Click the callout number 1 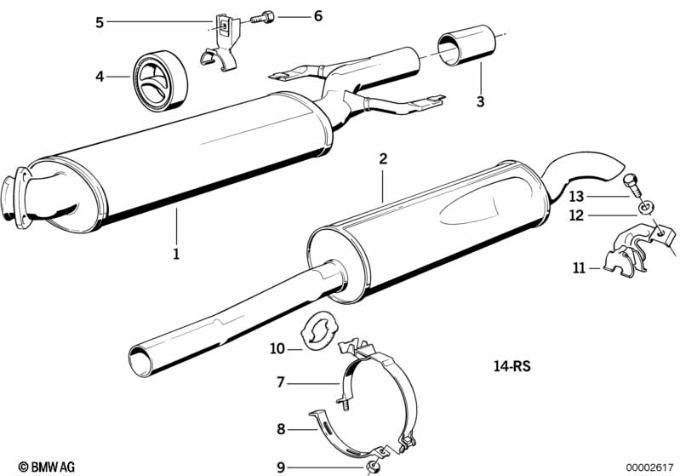pos(177,253)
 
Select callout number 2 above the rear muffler pos(383,159)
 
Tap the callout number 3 pos(480,102)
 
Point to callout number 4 pos(100,77)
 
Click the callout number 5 pos(100,22)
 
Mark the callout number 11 pos(580,269)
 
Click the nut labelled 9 pos(372,466)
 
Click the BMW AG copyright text pos(47,467)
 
